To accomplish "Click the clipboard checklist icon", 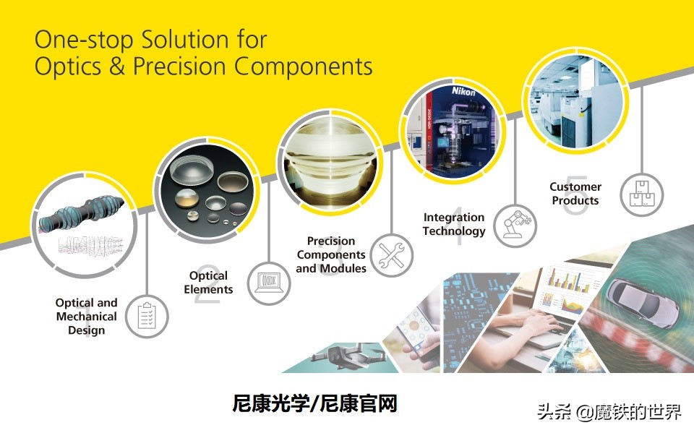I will (x=147, y=316).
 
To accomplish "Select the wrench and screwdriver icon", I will (x=392, y=254).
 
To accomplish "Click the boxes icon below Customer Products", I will (x=641, y=193).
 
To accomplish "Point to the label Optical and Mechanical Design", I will (x=87, y=317).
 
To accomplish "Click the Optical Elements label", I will (x=208, y=283).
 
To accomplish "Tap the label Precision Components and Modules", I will (x=331, y=254).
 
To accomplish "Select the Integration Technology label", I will (x=454, y=224).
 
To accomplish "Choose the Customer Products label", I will (x=575, y=193).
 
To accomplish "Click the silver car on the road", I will (x=641, y=300).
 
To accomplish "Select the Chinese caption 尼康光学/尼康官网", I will (x=314, y=403).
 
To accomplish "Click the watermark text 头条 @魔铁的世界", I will (x=609, y=412).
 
